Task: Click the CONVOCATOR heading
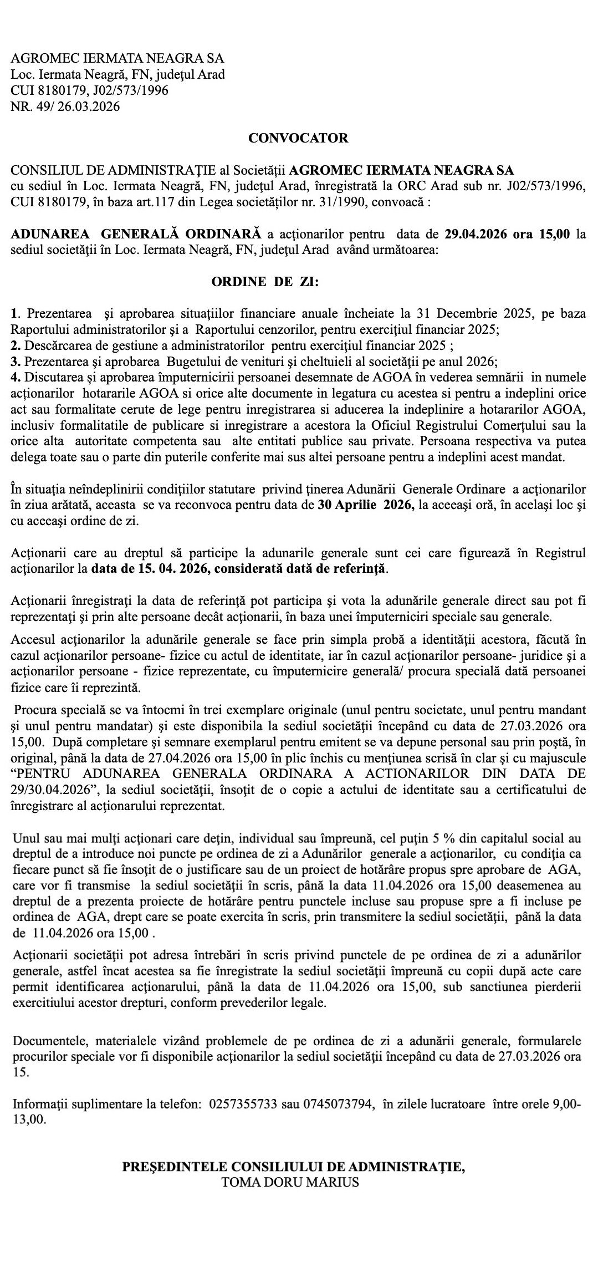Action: (298, 138)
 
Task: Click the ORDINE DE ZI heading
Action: (265, 282)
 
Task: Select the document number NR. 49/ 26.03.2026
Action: (65, 106)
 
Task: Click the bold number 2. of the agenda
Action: (16, 345)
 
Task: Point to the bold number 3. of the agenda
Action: (16, 362)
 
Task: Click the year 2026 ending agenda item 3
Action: (481, 362)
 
